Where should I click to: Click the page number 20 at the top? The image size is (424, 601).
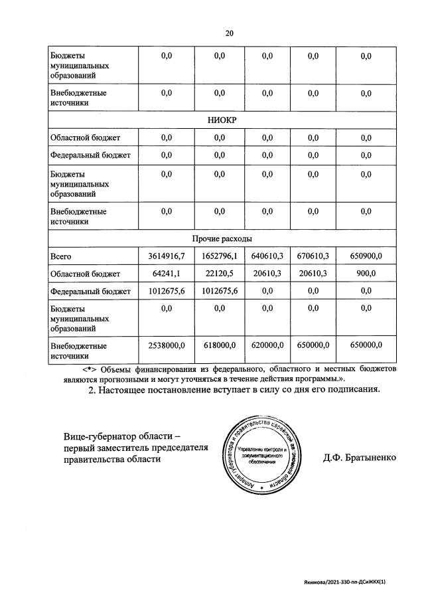point(229,33)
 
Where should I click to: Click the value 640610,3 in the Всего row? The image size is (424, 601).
point(267,256)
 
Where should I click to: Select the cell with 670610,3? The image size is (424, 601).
point(313,256)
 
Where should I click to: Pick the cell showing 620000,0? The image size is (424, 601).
point(267,345)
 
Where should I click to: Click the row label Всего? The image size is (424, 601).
point(60,256)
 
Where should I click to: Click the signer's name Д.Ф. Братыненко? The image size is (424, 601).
point(360,459)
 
